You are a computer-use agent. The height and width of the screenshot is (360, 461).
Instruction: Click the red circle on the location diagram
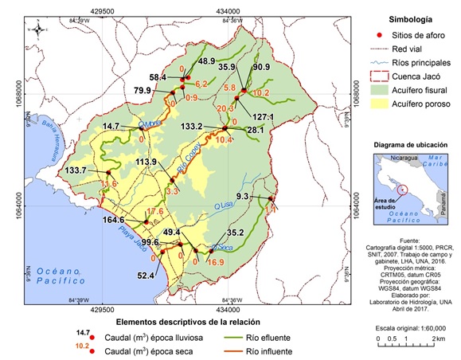pyautogui.click(x=406, y=190)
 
